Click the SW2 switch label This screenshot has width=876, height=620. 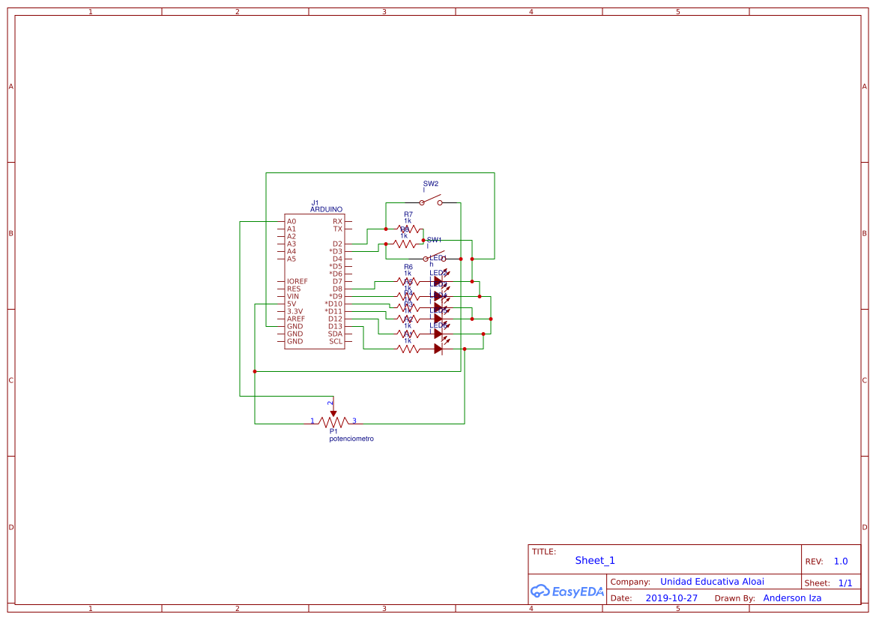point(431,184)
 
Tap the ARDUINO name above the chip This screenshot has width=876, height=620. point(326,210)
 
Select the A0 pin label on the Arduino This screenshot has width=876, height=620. point(292,221)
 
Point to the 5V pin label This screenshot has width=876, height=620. point(291,304)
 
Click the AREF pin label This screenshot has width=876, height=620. point(295,319)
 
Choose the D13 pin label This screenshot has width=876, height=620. point(335,326)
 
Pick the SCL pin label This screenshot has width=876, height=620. point(336,341)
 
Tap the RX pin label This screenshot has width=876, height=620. point(337,221)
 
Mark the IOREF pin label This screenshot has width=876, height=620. point(297,281)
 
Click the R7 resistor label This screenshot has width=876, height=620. point(408,214)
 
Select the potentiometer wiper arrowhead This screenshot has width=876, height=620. point(333,412)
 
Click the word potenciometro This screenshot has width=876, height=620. point(351,439)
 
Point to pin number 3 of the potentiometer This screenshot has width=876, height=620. point(354,421)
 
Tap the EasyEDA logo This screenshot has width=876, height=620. point(567,592)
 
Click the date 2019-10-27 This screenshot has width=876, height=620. point(671,598)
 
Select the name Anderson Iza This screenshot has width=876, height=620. point(792,598)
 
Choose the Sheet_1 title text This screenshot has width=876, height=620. point(595,560)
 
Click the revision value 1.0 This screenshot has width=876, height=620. point(841,561)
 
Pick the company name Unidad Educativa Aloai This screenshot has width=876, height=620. point(712,582)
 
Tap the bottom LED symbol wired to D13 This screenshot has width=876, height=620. point(438,349)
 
